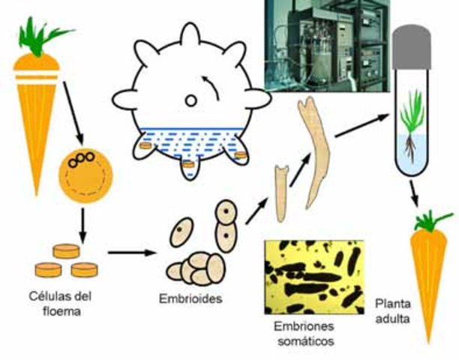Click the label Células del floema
(x=62, y=295)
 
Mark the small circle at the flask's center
(x=190, y=100)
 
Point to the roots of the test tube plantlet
(x=410, y=145)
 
